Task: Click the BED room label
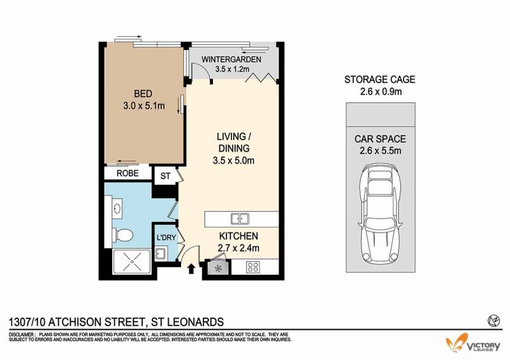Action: (x=143, y=94)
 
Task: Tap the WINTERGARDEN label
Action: (x=231, y=59)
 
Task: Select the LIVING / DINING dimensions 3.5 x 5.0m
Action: (x=233, y=161)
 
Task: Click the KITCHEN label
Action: (x=238, y=236)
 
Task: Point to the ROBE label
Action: (x=127, y=173)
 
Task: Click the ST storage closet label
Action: (x=165, y=176)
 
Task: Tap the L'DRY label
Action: (x=166, y=238)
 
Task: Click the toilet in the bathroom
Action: (x=122, y=235)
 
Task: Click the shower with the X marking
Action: (x=131, y=261)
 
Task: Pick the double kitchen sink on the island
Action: (x=240, y=219)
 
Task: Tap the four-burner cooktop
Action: (x=252, y=268)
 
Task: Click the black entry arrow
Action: (x=191, y=269)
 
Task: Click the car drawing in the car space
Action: (x=380, y=213)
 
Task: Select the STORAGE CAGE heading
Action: (x=380, y=80)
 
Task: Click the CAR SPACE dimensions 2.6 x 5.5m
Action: (x=380, y=151)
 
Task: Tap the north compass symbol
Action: (x=493, y=321)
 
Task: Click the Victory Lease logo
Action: (x=473, y=343)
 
